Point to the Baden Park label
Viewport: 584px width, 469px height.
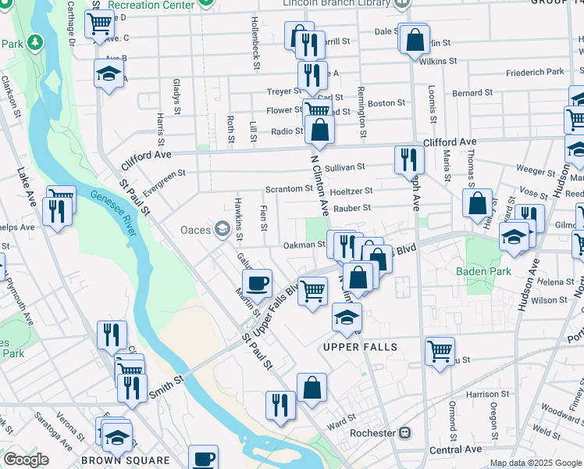pos(483,272)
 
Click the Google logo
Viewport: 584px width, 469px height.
pos(26,460)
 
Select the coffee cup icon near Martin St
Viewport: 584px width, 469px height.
pos(257,283)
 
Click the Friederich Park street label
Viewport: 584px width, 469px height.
pos(534,72)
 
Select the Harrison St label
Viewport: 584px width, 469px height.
pos(488,395)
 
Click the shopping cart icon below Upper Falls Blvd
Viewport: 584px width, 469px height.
pos(313,291)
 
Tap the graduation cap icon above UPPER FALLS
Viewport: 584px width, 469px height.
pos(347,317)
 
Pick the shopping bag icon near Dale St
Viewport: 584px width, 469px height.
pos(415,38)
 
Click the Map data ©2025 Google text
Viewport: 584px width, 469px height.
pos(535,463)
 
